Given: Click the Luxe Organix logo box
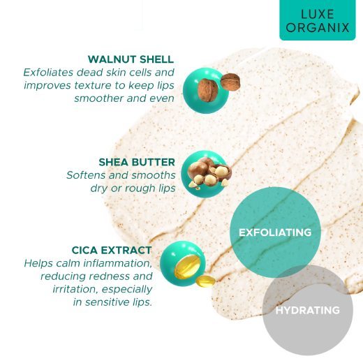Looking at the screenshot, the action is (x=318, y=20).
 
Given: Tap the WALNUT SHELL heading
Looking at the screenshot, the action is (x=131, y=59).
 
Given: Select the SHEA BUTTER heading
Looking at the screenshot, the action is (x=137, y=162).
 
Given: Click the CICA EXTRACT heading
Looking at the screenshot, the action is (x=112, y=251).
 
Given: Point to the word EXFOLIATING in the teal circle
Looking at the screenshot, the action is (x=275, y=232).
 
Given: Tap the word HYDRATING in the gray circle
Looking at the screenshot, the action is (x=308, y=310).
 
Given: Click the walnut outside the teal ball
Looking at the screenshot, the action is (x=230, y=82).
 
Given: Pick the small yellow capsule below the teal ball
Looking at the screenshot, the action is (x=205, y=281).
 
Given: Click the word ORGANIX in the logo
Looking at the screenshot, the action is (x=318, y=27).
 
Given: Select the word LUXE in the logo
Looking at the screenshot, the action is (x=318, y=14).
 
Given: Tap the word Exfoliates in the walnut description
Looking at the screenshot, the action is (x=48, y=73).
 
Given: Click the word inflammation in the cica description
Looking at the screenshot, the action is (x=118, y=263).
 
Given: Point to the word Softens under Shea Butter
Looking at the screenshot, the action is (x=86, y=175).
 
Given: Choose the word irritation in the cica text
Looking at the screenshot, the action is (x=76, y=290).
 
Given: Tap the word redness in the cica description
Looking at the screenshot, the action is (x=107, y=276).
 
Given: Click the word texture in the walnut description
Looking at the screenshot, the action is (x=93, y=85).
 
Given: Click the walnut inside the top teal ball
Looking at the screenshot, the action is (x=208, y=90).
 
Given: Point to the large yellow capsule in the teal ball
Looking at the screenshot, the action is (x=187, y=267).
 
